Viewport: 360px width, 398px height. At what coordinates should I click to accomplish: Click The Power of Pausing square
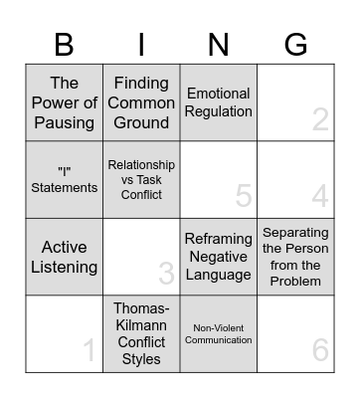click(x=65, y=103)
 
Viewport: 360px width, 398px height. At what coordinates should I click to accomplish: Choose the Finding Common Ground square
click(x=141, y=103)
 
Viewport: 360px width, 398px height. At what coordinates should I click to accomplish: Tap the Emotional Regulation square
click(x=219, y=103)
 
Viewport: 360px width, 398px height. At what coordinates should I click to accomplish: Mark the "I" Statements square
click(x=65, y=180)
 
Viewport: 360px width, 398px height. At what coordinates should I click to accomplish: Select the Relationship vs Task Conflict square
click(x=141, y=180)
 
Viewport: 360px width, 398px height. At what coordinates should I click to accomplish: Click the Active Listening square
click(x=65, y=257)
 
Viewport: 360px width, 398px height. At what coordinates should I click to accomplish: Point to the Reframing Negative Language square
click(x=219, y=257)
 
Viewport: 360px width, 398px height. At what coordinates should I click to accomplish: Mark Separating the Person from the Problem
click(x=295, y=257)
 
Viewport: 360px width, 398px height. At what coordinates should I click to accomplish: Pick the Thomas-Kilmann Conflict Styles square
click(x=141, y=333)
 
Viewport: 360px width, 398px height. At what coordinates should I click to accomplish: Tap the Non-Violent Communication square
click(x=219, y=333)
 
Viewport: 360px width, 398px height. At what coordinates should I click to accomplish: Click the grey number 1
click(x=90, y=350)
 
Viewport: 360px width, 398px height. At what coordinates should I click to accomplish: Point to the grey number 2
click(x=320, y=120)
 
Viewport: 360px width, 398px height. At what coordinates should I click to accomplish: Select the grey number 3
click(x=166, y=274)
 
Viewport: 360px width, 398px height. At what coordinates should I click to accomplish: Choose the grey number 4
click(x=320, y=197)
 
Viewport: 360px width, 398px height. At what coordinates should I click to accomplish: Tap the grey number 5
click(x=244, y=197)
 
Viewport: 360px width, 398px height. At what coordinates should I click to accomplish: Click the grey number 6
click(x=320, y=350)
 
